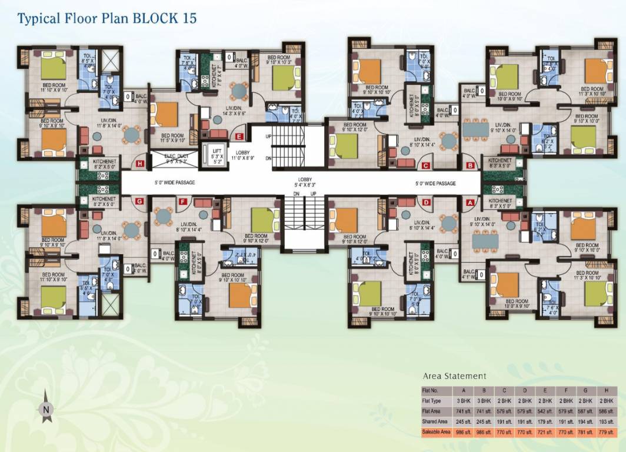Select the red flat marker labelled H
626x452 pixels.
coord(140,164)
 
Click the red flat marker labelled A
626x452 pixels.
coord(470,202)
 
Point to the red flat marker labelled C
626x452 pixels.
coord(425,165)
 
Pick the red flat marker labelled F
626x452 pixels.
coord(182,202)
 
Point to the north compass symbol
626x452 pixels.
coord(45,407)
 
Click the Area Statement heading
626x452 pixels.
coord(454,375)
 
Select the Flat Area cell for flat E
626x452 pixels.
coord(543,411)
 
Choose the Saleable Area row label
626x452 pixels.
coord(437,432)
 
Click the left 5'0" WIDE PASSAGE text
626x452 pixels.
coord(174,183)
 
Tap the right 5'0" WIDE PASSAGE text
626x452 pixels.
coord(435,184)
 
